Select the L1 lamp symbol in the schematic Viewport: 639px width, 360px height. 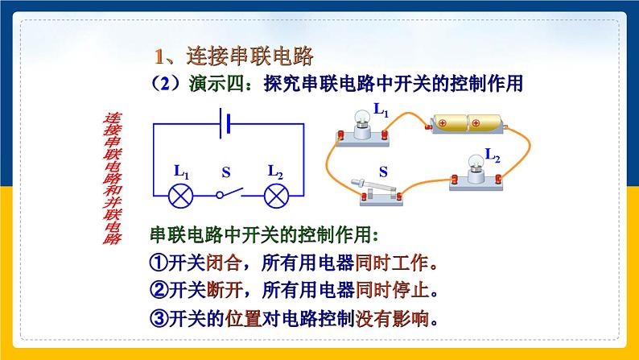point(178,194)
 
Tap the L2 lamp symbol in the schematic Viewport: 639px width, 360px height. point(278,194)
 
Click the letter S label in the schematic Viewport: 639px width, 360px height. point(226,172)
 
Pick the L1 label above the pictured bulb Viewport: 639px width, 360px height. point(381,110)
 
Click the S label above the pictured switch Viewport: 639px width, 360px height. point(384,171)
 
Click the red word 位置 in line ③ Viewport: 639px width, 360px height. point(241,317)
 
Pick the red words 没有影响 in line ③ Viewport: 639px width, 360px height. point(393,317)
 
